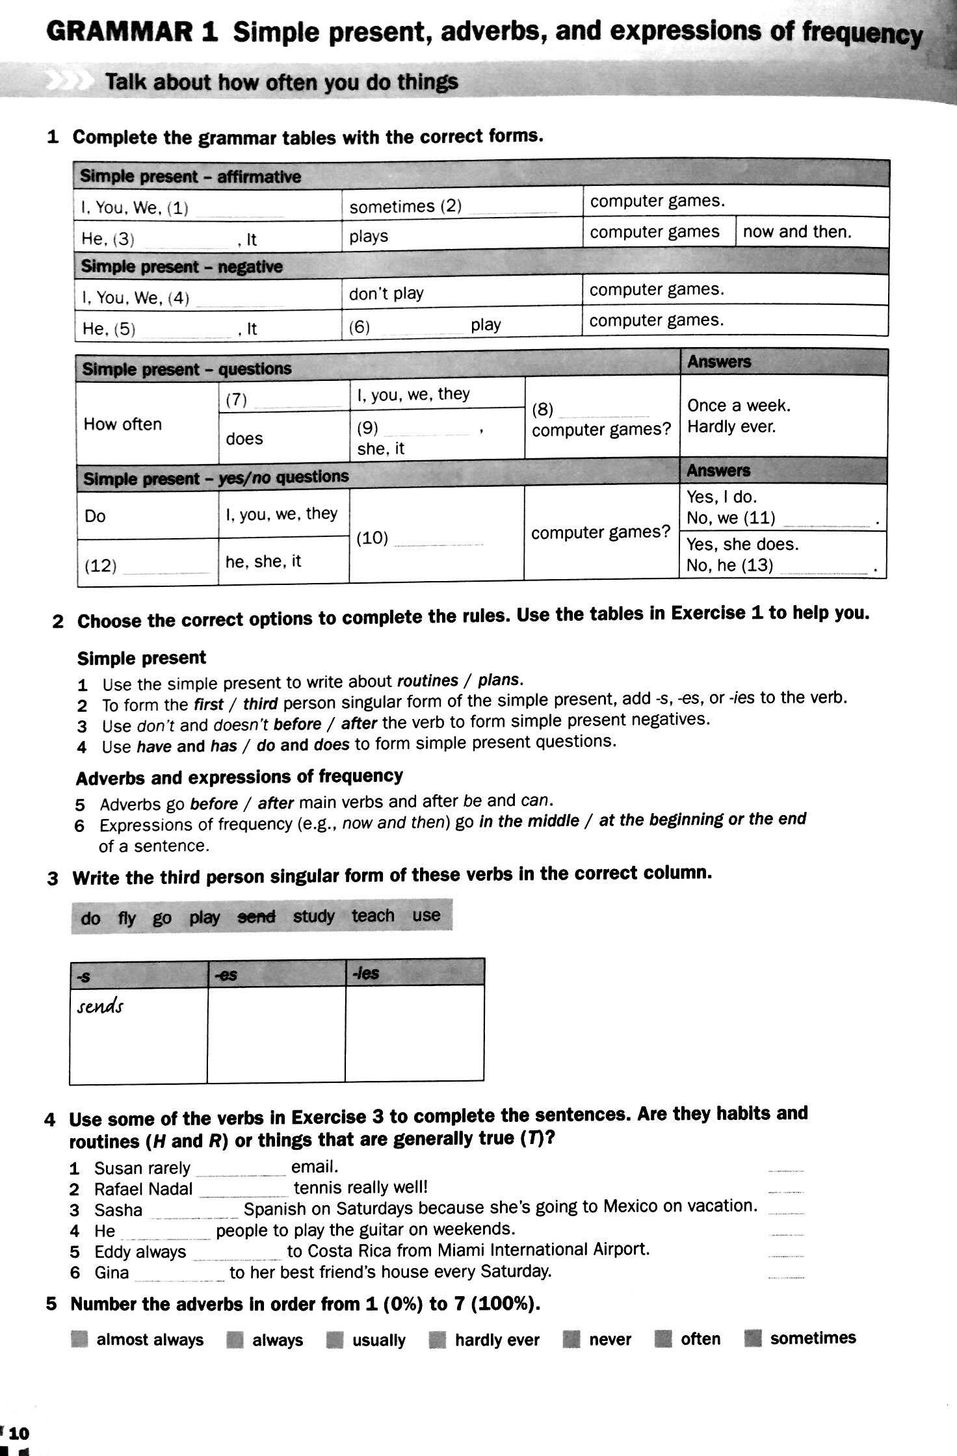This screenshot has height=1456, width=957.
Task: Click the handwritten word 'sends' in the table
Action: [x=99, y=1007]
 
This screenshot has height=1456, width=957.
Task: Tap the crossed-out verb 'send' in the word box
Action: [x=256, y=916]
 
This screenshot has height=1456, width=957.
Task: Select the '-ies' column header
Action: [x=365, y=973]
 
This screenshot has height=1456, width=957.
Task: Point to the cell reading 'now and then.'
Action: [x=796, y=232]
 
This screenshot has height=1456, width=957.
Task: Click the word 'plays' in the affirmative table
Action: [x=368, y=237]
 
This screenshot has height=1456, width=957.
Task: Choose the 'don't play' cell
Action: [x=386, y=294]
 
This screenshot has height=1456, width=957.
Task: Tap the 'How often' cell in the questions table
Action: [x=122, y=424]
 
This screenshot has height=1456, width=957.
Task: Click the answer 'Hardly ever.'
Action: [x=731, y=427]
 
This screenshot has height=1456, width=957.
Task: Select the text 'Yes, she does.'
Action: [x=742, y=544]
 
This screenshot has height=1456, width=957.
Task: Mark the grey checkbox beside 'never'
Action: [x=571, y=1340]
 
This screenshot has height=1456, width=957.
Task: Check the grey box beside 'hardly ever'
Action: [x=438, y=1340]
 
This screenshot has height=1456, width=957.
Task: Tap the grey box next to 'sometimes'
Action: [x=753, y=1338]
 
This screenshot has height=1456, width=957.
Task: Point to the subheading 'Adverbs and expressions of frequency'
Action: [x=239, y=777]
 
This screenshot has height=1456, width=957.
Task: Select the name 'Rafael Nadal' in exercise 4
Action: [x=143, y=1189]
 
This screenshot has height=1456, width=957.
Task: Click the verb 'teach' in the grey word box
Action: [x=373, y=916]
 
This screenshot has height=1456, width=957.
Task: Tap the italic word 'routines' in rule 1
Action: [x=427, y=681]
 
